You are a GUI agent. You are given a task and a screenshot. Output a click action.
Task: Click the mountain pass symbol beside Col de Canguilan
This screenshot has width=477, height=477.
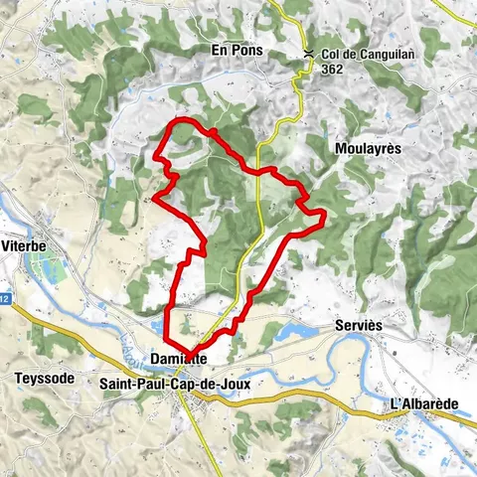pos(309,54)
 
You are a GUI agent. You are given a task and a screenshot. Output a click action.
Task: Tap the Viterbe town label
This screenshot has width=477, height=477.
pos(24,243)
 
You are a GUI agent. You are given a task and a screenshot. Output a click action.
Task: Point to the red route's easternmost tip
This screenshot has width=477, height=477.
pos(325,216)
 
